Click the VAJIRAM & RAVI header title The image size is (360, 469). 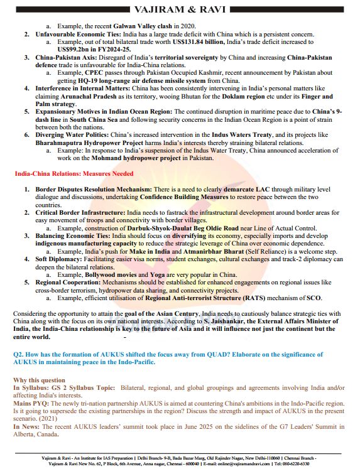coord(180,9)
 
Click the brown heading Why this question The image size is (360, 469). coord(38,380)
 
